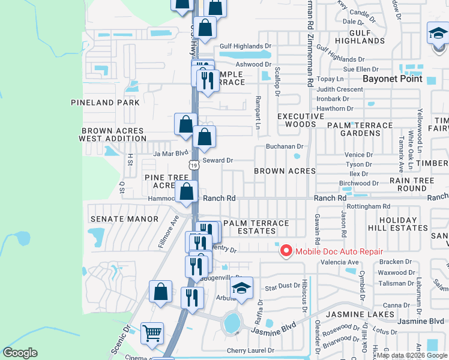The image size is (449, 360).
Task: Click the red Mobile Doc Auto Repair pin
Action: [x=286, y=251]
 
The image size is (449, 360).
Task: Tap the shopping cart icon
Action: [x=152, y=332]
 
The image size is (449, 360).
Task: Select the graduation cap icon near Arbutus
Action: [x=242, y=289]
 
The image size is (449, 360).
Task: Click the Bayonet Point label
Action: [x=393, y=79]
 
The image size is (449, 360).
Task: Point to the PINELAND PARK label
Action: [x=105, y=103]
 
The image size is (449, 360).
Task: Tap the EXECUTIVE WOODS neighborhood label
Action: [x=296, y=120]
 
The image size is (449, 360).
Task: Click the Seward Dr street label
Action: [x=217, y=160]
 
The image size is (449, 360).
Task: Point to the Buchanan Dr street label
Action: [x=285, y=146]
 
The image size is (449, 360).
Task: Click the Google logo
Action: [x=20, y=353]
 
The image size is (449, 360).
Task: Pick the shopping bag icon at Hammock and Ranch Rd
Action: [x=187, y=192]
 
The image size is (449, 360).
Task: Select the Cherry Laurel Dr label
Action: [x=250, y=350]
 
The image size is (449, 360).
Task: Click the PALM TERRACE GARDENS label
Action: [x=360, y=129]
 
